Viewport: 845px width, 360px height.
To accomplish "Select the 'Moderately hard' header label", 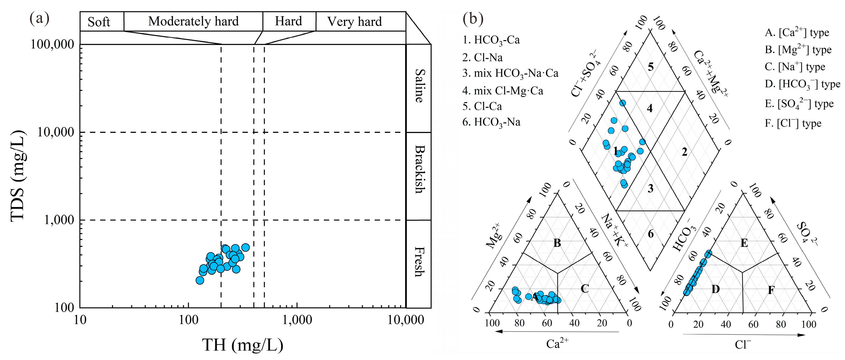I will click(193, 21).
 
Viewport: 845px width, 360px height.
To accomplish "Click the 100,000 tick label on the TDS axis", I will click(53, 44).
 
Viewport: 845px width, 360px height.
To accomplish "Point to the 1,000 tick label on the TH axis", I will click(297, 320).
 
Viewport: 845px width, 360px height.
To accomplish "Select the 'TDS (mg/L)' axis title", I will click(18, 176).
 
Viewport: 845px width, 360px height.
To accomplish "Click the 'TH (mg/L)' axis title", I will click(242, 345).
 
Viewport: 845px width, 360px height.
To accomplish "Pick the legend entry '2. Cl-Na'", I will click(482, 58).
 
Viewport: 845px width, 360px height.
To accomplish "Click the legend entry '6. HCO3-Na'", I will click(491, 122).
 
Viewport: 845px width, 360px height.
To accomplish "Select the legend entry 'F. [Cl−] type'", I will click(793, 124).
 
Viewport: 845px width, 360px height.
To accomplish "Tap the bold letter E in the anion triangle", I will click(744, 243).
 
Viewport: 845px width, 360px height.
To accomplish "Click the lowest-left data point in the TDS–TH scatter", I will click(200, 280).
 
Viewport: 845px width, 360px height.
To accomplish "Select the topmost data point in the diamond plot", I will click(623, 103).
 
